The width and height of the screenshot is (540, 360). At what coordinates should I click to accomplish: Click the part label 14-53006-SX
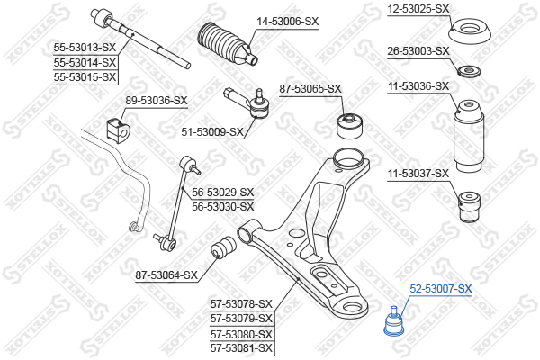[287, 21]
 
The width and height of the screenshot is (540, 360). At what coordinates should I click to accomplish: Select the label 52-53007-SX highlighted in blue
[441, 289]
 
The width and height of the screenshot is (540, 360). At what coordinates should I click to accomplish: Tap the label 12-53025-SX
[418, 9]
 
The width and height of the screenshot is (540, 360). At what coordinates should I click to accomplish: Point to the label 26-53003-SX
[418, 50]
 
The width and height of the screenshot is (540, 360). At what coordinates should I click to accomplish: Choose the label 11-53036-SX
[418, 86]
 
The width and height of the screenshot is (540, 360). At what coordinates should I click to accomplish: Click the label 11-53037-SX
[418, 172]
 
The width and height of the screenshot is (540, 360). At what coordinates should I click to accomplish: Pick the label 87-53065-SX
[310, 89]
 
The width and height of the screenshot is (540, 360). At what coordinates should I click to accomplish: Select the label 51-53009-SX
[212, 131]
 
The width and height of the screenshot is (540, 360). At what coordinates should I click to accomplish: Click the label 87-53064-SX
[166, 274]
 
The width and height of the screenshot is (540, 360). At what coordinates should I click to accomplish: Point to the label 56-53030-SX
[223, 206]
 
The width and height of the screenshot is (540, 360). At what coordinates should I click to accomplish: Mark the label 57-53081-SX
[241, 346]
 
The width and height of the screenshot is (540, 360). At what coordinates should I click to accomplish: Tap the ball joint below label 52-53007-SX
[393, 322]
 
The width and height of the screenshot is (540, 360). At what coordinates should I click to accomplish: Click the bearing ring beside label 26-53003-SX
[469, 70]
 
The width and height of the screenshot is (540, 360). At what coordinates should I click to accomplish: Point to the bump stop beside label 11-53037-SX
[469, 207]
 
